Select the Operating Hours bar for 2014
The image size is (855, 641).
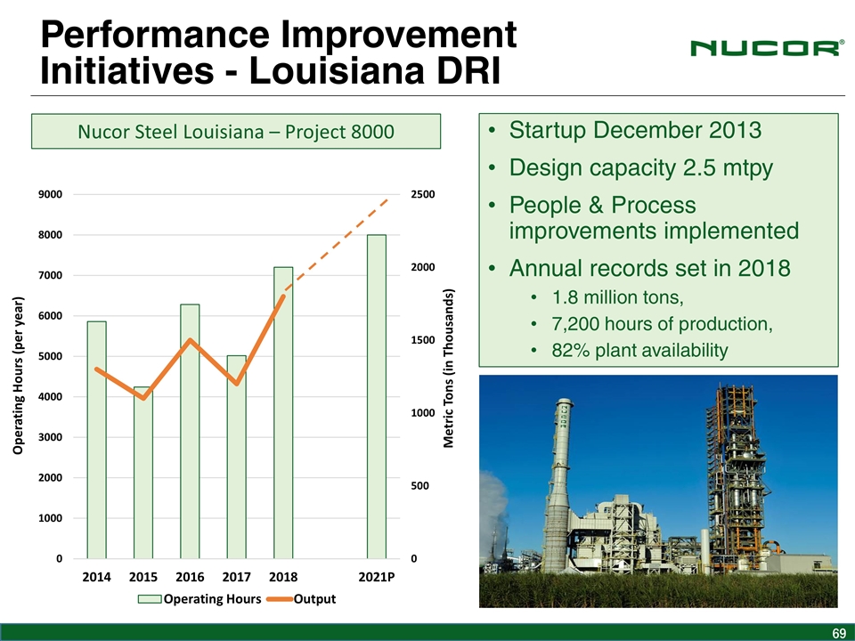96,440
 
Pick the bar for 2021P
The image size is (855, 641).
377,397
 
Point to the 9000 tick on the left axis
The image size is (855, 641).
50,194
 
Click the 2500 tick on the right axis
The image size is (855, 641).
423,194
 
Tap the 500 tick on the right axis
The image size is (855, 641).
419,486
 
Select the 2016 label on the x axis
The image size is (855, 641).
190,577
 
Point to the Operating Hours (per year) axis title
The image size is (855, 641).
17,374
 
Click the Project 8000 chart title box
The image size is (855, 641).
236,132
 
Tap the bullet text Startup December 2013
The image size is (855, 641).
635,131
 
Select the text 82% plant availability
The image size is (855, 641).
639,350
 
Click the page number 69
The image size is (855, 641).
837,633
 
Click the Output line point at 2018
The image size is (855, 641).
283,296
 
